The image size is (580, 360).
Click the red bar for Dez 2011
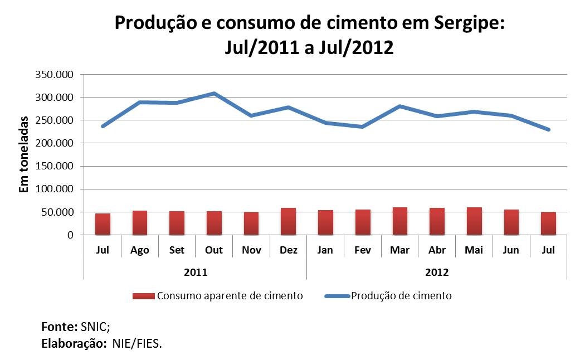(x=288, y=222)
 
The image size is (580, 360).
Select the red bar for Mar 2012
(x=399, y=221)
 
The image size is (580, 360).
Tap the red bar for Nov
(x=251, y=223)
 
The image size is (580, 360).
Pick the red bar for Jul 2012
(x=548, y=223)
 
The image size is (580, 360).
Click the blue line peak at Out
(x=214, y=94)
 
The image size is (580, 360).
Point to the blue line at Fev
(x=363, y=127)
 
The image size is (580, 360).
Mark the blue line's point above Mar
(x=399, y=106)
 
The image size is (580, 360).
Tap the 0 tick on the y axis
(x=70, y=235)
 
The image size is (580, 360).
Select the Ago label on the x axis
(x=140, y=250)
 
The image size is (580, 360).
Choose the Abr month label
(x=437, y=250)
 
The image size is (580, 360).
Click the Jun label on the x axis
(x=511, y=250)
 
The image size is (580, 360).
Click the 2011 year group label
(x=196, y=273)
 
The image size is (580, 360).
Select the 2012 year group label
(x=437, y=273)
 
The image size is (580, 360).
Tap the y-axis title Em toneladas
(x=24, y=154)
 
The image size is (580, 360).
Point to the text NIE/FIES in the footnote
(x=137, y=343)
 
